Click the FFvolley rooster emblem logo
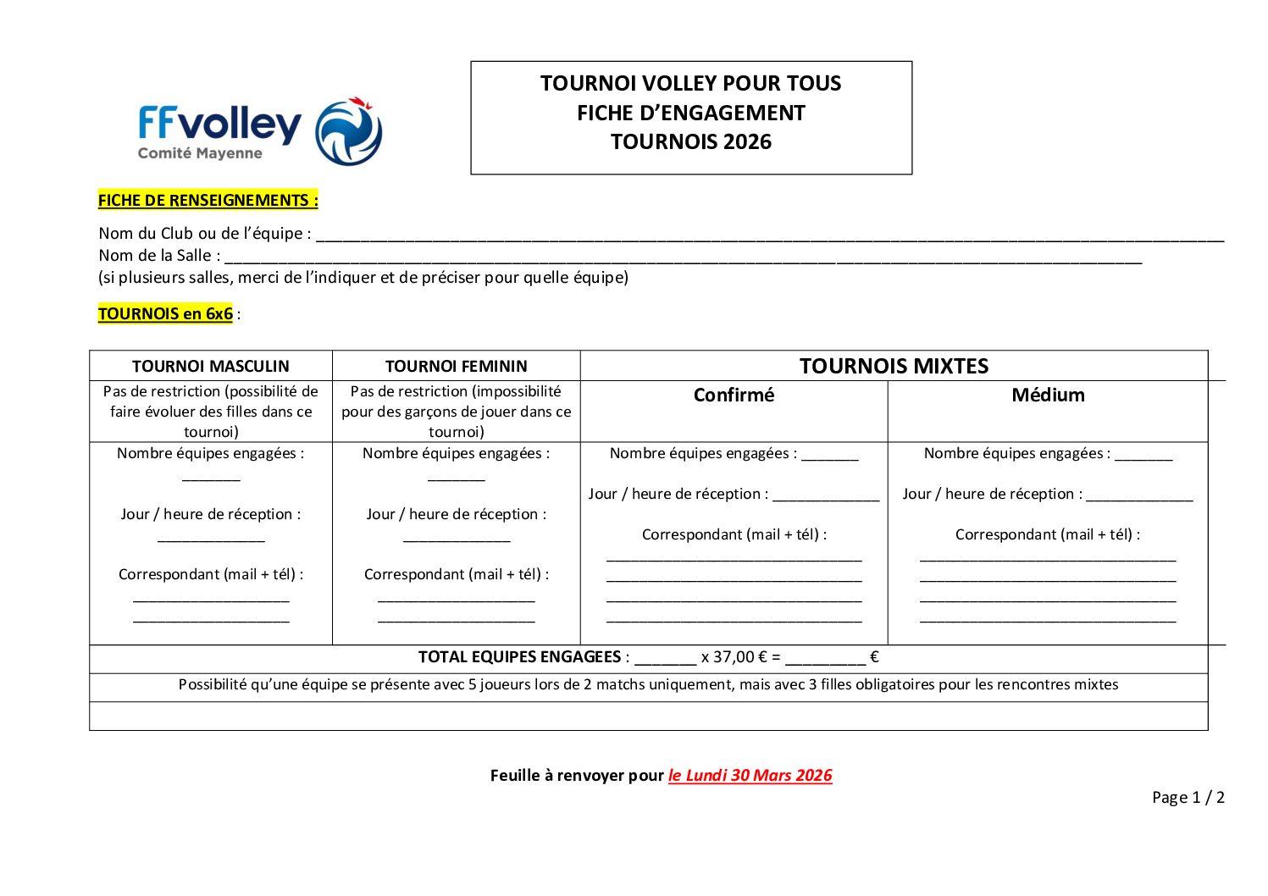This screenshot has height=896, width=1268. click(x=348, y=131)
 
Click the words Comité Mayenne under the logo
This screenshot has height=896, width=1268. click(x=200, y=153)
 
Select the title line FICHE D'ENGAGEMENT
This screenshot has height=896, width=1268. click(x=690, y=113)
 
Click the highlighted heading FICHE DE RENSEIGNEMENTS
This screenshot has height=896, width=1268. click(x=208, y=201)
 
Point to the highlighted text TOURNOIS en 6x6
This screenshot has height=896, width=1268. click(x=165, y=314)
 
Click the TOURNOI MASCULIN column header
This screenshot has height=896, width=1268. click(x=211, y=366)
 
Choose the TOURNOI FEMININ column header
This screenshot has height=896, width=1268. click(x=456, y=366)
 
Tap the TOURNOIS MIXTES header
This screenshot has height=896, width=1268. click(x=894, y=366)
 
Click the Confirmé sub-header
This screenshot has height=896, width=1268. click(x=734, y=395)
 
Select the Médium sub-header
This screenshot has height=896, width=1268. click(x=1048, y=395)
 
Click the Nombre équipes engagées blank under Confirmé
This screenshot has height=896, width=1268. click(x=830, y=457)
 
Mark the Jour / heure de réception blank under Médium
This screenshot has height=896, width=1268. click(x=1139, y=498)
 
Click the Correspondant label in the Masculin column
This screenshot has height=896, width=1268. click(x=211, y=574)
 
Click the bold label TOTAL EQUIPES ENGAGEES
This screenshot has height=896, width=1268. click(x=519, y=657)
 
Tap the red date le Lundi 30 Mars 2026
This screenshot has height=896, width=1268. click(x=750, y=775)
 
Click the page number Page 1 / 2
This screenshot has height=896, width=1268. click(x=1188, y=797)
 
